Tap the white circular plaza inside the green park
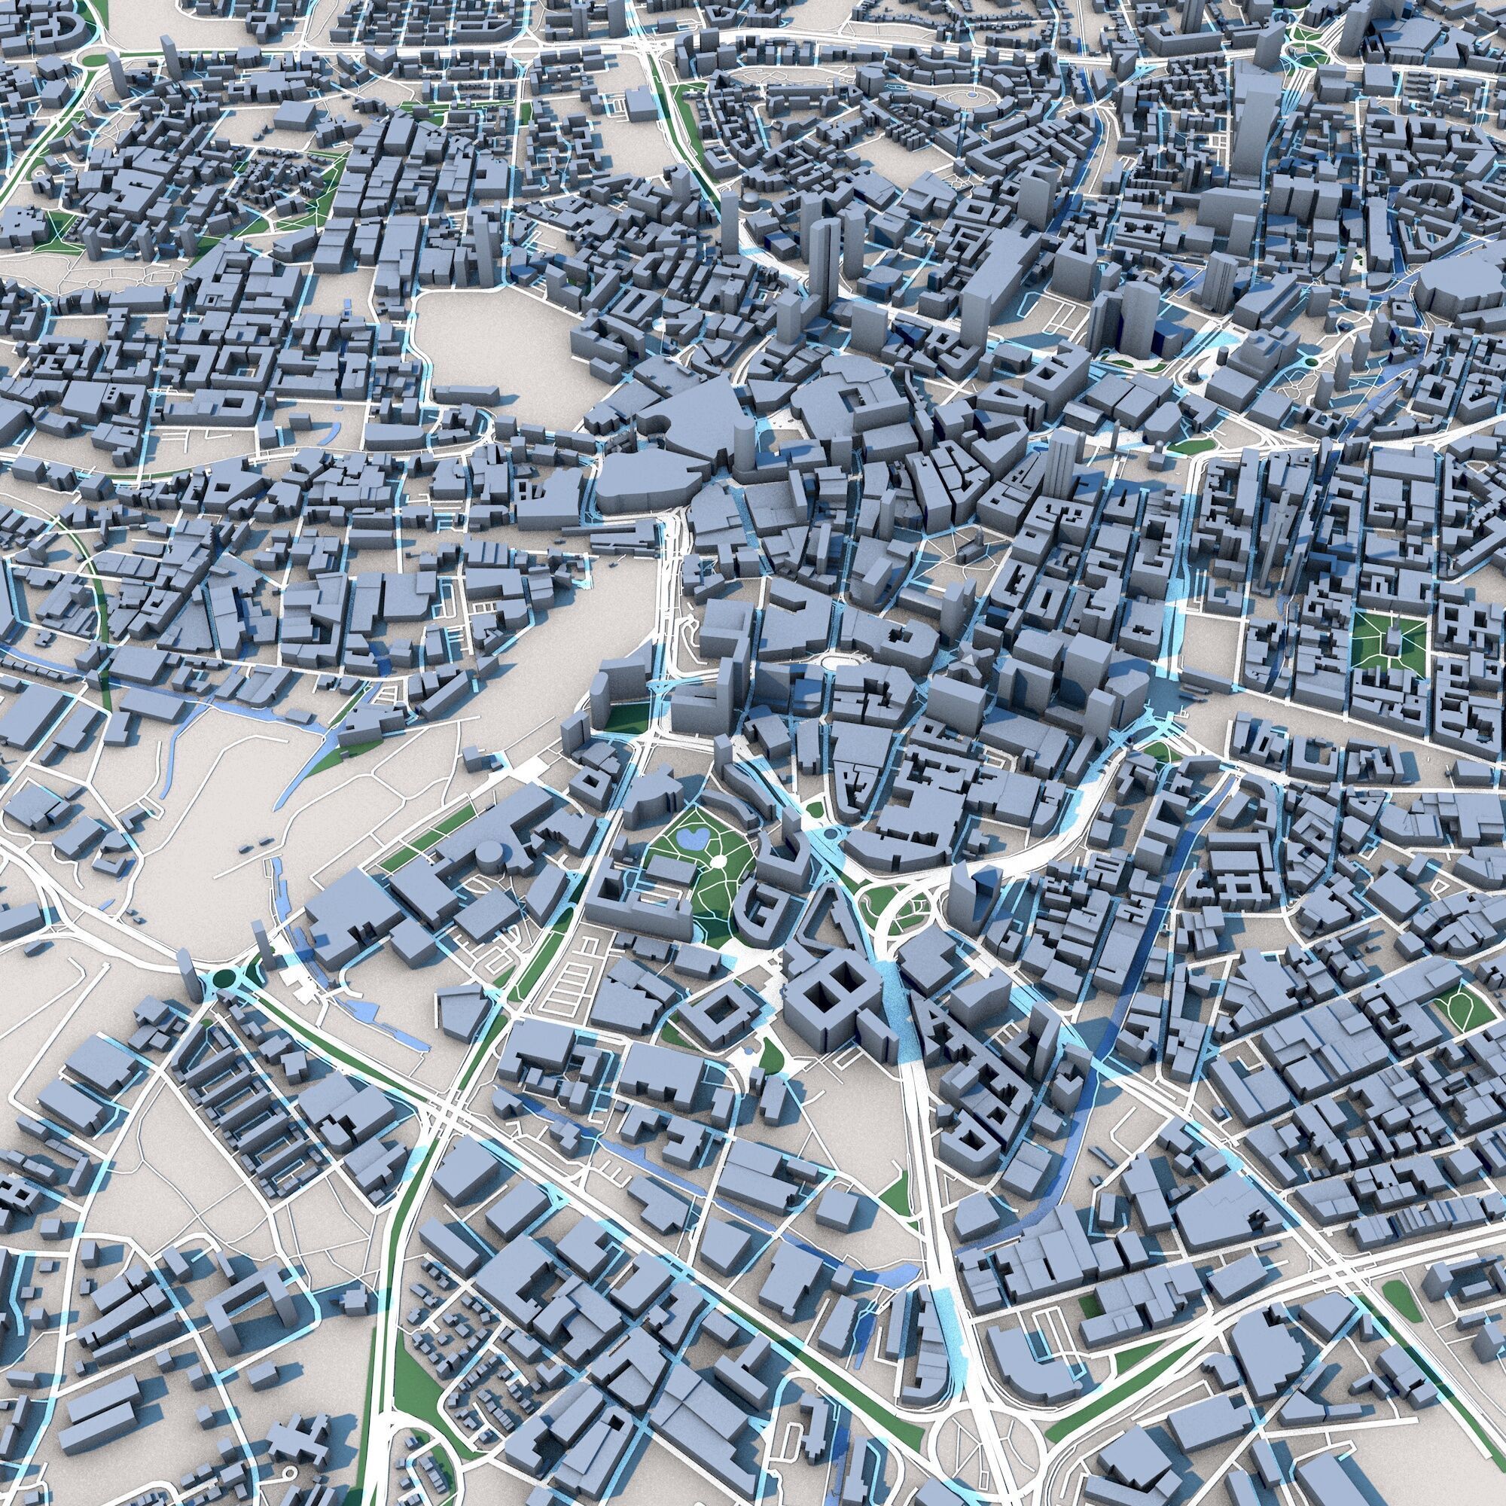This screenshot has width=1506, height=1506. [717, 861]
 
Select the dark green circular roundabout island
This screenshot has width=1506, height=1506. [226, 977]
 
